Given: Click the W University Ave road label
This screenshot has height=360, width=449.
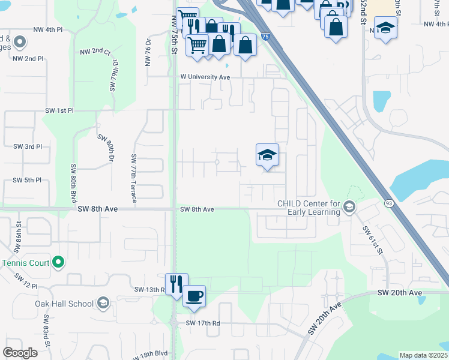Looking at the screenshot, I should click(x=206, y=77).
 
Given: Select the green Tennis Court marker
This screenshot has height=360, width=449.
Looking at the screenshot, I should click(x=58, y=262).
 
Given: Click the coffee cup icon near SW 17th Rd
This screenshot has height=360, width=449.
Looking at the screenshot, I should click(x=194, y=296).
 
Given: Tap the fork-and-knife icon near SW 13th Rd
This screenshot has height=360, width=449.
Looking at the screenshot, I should click(x=176, y=283).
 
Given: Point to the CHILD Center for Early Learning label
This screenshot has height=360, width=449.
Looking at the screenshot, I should click(x=309, y=207).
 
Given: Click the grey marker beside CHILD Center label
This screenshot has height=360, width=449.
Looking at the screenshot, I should click(x=348, y=207).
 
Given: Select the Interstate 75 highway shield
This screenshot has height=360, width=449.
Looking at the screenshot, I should click(x=266, y=37).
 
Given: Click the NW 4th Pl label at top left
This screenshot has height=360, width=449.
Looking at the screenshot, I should click(x=48, y=29).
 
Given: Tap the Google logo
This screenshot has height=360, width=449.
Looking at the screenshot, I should click(x=20, y=353).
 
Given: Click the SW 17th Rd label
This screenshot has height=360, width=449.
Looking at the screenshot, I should click(x=203, y=323).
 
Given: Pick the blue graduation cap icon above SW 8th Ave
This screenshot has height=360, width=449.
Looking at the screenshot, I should click(x=267, y=155).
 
